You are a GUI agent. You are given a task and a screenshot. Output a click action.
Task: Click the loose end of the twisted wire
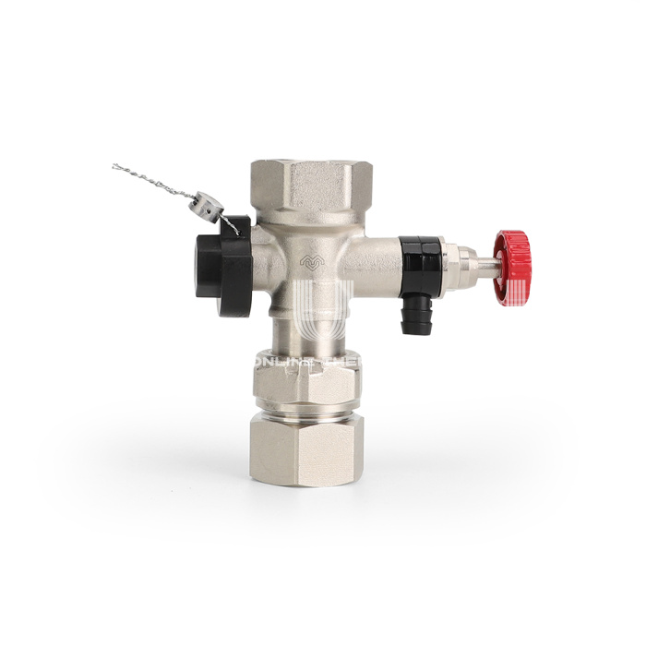[x=115, y=167]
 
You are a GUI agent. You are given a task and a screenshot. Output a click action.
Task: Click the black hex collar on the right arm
[x=419, y=251]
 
